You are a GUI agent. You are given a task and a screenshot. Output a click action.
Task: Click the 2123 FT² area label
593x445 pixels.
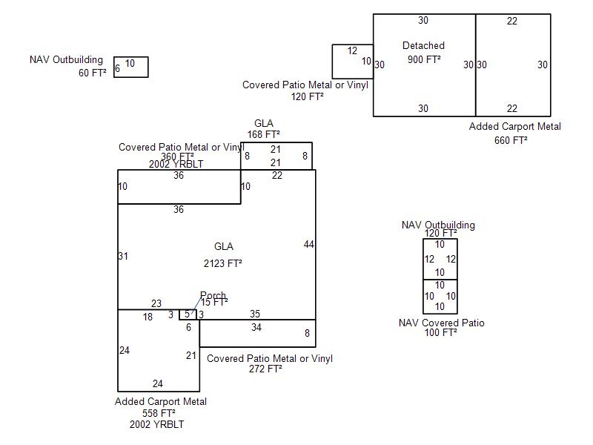(x=223, y=263)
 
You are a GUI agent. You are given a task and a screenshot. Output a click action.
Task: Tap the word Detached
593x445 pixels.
(x=423, y=46)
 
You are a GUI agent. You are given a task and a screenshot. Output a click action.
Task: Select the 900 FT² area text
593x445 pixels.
(x=424, y=59)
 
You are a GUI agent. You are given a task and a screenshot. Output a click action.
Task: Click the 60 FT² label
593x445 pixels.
(x=92, y=73)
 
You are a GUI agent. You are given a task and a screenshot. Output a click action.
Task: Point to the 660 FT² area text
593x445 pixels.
(x=511, y=140)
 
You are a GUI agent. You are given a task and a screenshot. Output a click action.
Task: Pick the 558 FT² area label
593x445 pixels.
(x=159, y=413)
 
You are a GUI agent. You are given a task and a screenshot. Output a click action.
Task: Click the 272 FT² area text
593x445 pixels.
(x=265, y=369)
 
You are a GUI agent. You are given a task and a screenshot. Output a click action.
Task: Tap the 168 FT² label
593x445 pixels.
(x=263, y=134)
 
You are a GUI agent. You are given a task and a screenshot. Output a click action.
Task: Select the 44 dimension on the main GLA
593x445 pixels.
(x=309, y=245)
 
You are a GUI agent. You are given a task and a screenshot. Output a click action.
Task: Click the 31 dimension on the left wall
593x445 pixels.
(x=123, y=257)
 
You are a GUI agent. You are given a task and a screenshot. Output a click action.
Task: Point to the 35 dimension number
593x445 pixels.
(x=255, y=314)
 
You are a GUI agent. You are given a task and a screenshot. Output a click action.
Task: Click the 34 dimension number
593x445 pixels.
(x=256, y=327)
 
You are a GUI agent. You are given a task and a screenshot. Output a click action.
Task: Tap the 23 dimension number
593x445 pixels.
(x=156, y=303)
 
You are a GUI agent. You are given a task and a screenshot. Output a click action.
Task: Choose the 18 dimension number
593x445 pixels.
(x=148, y=317)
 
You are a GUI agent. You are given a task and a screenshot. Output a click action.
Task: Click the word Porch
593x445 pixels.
(x=213, y=296)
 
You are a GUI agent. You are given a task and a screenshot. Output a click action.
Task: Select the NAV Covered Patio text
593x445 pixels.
(x=441, y=323)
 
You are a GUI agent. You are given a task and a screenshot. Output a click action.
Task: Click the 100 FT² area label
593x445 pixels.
(x=440, y=333)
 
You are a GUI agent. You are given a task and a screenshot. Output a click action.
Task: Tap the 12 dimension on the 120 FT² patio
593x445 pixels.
(x=352, y=50)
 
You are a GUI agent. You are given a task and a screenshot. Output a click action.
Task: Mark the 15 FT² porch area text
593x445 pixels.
(x=214, y=302)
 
